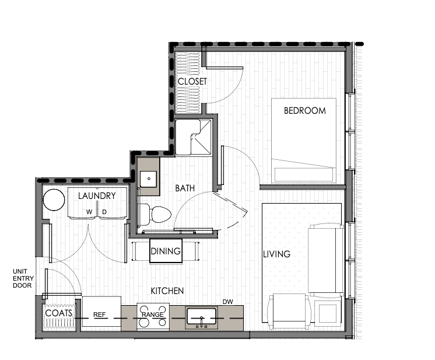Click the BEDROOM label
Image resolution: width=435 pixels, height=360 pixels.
pyautogui.click(x=304, y=110)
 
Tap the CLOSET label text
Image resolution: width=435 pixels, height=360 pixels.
pyautogui.click(x=192, y=81)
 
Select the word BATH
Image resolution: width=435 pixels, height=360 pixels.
pyautogui.click(x=185, y=188)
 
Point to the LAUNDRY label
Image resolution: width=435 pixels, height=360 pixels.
pyautogui.click(x=97, y=195)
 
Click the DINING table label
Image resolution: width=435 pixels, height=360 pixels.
pyautogui.click(x=166, y=251)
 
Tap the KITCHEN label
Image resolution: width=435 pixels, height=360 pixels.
pyautogui.click(x=167, y=291)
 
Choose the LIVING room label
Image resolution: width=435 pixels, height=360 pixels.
pyautogui.click(x=276, y=254)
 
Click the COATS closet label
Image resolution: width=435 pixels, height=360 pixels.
pyautogui.click(x=58, y=313)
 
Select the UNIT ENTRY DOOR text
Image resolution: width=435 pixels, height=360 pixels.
pyautogui.click(x=23, y=278)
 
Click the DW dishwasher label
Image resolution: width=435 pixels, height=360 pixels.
pyautogui.click(x=228, y=302)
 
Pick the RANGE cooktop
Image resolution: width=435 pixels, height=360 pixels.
pyautogui.click(x=153, y=316)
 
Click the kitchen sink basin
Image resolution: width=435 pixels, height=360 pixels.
pyautogui.click(x=201, y=316)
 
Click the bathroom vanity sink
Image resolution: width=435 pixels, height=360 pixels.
pyautogui.click(x=148, y=179)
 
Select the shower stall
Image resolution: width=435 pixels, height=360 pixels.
pyautogui.click(x=193, y=137)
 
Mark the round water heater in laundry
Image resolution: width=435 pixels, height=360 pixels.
pyautogui.click(x=54, y=200)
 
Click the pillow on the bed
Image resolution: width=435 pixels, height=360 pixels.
pyautogui.click(x=304, y=174)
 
